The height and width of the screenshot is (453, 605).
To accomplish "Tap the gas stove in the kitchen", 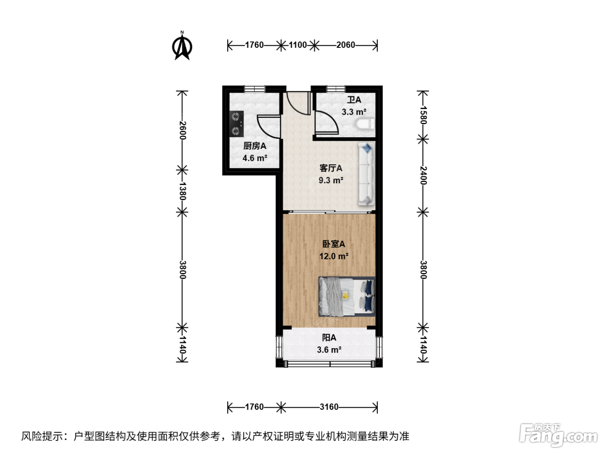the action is click(236, 124).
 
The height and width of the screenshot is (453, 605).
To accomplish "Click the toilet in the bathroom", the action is click(365, 124).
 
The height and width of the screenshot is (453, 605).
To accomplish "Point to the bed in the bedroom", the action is click(347, 296).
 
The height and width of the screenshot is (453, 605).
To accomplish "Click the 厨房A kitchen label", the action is click(255, 146).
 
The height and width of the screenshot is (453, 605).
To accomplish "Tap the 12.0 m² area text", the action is click(334, 256).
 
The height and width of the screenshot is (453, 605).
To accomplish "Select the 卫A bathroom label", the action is click(354, 100).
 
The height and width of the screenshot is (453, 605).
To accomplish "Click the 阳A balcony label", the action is click(329, 337).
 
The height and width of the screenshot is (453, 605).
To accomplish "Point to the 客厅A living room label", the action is click(331, 168).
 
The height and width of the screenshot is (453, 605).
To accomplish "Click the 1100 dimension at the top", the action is click(298, 45).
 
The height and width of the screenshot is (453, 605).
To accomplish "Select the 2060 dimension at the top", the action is click(346, 45).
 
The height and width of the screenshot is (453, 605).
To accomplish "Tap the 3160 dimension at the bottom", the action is click(329, 407).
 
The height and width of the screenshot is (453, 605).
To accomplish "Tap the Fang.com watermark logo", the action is click(558, 436).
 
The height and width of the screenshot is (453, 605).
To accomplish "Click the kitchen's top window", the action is click(255, 89).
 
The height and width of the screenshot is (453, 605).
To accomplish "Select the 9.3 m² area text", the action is click(331, 180).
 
